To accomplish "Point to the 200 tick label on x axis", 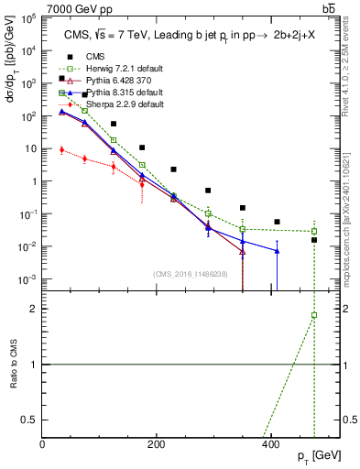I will [x=157, y=444].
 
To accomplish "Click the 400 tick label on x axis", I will [x=270, y=444].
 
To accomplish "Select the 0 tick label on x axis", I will [x=43, y=444].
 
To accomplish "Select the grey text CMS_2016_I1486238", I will [x=191, y=274].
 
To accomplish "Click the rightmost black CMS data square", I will [x=314, y=240].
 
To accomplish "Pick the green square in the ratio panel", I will [x=314, y=315].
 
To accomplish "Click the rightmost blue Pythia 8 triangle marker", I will [x=277, y=251].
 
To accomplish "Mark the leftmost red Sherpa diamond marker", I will [x=61, y=150].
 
